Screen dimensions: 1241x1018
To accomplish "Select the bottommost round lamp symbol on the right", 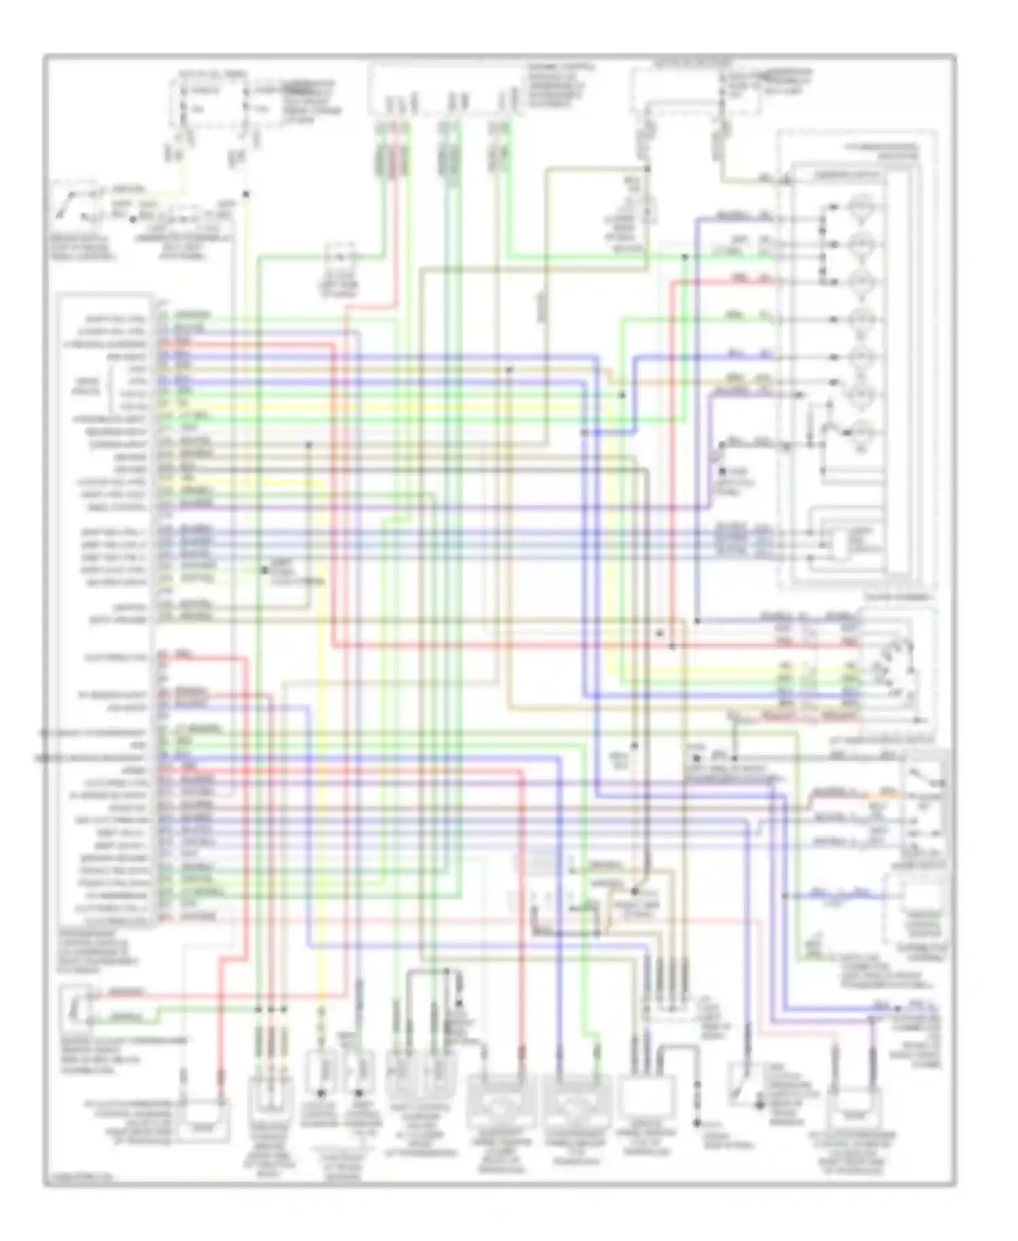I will click(861, 432).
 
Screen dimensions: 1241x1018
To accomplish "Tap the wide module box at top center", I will click(445, 90).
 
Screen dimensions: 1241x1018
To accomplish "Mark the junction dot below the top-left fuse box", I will click(246, 194).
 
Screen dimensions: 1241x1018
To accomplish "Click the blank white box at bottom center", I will click(646, 1098).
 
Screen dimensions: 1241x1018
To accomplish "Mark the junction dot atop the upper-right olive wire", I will click(647, 168).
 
